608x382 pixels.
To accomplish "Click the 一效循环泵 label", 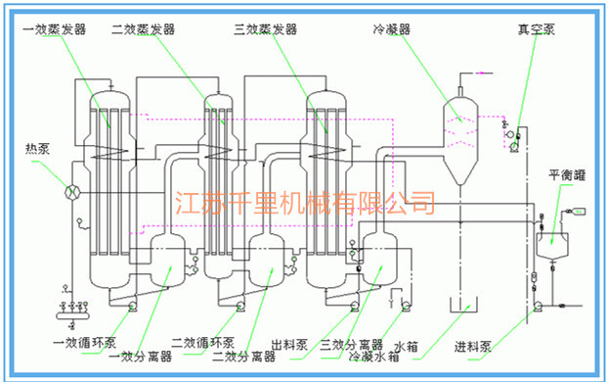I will click(85, 343).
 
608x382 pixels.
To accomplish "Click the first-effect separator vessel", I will click(160, 257).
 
